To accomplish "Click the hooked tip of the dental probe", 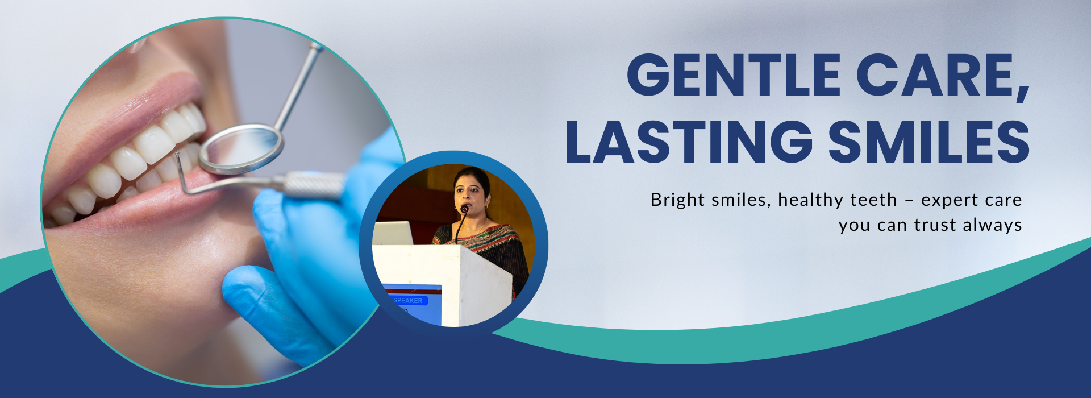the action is [x=178, y=162].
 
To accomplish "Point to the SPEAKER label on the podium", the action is [x=407, y=301].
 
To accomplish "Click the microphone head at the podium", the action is [x=464, y=209].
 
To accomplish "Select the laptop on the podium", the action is [x=393, y=233].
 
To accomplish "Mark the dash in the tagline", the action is [x=909, y=201].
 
